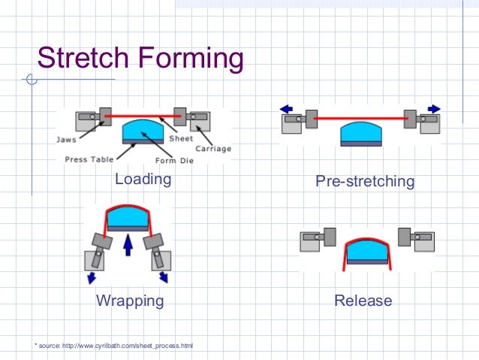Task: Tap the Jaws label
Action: (65, 138)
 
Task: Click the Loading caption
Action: (143, 180)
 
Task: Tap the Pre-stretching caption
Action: (365, 181)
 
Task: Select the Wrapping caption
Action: (129, 301)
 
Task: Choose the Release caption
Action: (363, 301)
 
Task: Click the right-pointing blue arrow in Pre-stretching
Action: (434, 109)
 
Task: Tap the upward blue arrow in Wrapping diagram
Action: (128, 247)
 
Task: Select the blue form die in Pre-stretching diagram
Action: (363, 135)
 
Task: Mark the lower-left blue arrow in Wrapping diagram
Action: (92, 277)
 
